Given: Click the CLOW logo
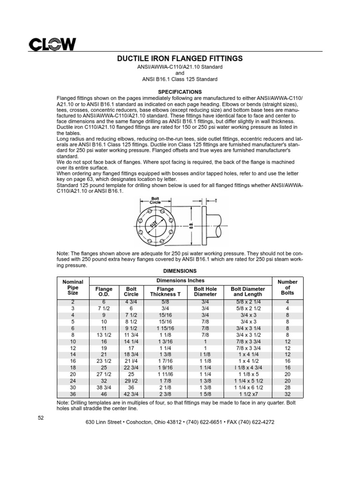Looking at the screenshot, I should [52, 45].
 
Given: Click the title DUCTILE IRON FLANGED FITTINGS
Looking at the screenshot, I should [180, 59].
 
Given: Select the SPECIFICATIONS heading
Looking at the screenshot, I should [180, 92].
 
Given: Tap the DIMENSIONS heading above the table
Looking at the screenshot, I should [180, 271].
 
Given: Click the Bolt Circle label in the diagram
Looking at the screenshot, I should [155, 200].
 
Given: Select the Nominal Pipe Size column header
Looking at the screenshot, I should [73, 287].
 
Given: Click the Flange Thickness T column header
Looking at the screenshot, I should [165, 292].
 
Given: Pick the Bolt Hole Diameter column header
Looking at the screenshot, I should [205, 292].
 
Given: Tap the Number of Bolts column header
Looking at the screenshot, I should [287, 287].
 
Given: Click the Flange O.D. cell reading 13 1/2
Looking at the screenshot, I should [104, 335].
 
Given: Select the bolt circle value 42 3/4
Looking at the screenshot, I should [131, 394].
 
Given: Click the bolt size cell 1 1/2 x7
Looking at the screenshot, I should [248, 394].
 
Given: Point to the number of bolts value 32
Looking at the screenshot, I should [287, 394].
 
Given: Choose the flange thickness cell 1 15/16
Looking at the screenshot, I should [165, 329].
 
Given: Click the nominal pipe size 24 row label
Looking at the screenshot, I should [73, 381].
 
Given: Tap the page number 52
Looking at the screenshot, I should [41, 418].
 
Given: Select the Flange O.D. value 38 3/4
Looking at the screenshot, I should [104, 388].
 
